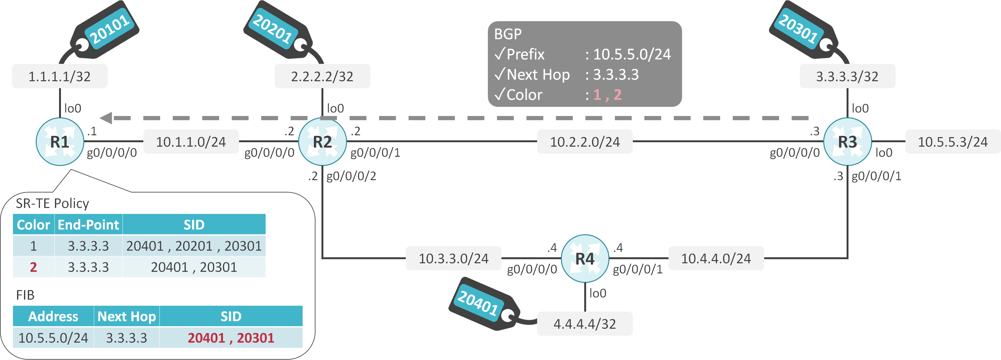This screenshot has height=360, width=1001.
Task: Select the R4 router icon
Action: click(584, 259)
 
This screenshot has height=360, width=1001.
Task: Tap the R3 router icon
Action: click(847, 142)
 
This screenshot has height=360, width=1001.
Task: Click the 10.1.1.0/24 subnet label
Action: click(191, 142)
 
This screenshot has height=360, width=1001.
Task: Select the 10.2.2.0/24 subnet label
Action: click(584, 142)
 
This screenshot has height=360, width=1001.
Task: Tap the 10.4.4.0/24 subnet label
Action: click(716, 259)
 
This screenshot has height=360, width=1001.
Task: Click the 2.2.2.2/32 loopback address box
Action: click(322, 76)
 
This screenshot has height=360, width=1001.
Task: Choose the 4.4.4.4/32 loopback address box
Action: click(584, 323)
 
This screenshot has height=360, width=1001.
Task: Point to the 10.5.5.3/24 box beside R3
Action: click(952, 142)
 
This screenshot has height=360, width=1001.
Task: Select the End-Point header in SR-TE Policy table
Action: click(88, 225)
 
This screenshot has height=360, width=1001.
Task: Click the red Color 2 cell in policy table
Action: click(33, 267)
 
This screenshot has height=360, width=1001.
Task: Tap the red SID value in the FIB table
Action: click(231, 338)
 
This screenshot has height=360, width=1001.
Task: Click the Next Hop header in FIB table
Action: click(126, 316)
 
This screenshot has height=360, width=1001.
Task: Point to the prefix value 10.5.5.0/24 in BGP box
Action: click(632, 54)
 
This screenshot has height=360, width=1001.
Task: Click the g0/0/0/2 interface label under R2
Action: click(351, 176)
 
